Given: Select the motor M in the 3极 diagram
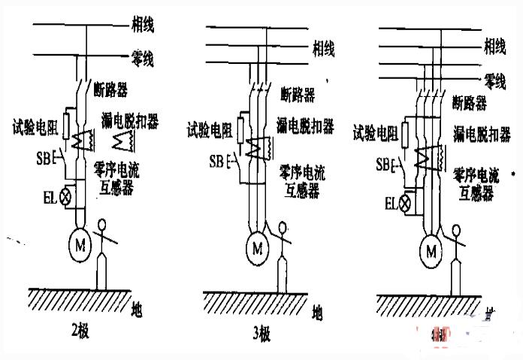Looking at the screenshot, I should pyautogui.click(x=258, y=247).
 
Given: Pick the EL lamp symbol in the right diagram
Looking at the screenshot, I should pyautogui.click(x=407, y=202).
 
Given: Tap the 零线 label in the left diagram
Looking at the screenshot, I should pyautogui.click(x=143, y=59).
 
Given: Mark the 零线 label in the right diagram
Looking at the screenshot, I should pyautogui.click(x=494, y=79).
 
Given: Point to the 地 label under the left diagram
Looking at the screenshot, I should pyautogui.click(x=136, y=308).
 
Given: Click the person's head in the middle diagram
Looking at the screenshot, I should pyautogui.click(x=282, y=226).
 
